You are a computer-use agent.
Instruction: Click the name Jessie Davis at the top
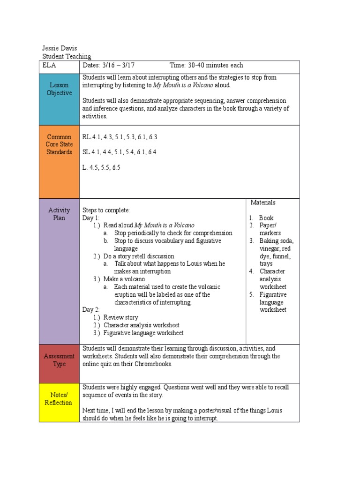60,48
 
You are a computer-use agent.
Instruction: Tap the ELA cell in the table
48,66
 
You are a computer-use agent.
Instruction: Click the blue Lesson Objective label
59,89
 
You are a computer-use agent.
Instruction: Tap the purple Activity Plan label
59,214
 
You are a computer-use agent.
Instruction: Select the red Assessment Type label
59,360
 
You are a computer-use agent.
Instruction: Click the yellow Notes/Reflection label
59,399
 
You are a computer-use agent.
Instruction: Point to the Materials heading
262,202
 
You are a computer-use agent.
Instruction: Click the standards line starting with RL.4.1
120,137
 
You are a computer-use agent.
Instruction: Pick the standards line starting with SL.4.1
119,152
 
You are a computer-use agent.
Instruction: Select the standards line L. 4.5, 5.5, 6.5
101,167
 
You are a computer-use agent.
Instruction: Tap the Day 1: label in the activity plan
91,218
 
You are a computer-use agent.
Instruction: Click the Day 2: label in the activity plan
91,310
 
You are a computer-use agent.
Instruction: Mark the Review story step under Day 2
120,317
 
